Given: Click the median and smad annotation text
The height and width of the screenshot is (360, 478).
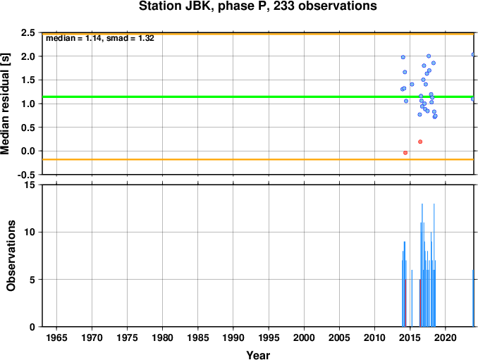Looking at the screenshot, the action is click(100, 38).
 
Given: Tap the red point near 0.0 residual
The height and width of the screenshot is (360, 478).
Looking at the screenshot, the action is click(405, 153).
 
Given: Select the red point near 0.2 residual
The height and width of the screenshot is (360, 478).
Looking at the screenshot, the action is click(420, 142).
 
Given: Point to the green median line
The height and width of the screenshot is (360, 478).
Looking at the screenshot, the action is click(258, 97).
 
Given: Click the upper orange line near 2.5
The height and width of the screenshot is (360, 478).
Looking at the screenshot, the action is click(258, 34).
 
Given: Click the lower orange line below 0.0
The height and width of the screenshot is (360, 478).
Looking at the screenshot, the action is click(258, 159).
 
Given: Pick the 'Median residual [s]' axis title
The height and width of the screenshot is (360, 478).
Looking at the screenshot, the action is click(6, 104).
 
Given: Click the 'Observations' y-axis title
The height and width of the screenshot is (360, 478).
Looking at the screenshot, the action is click(11, 256).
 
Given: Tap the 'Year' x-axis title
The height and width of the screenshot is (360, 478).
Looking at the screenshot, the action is click(258, 355).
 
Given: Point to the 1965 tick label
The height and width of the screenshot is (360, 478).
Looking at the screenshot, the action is click(56, 337).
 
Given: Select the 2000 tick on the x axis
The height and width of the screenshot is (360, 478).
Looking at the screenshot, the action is click(304, 337).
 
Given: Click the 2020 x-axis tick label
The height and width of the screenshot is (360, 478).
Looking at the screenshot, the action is click(446, 337).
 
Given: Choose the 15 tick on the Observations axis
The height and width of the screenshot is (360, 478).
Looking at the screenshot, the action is click(30, 185).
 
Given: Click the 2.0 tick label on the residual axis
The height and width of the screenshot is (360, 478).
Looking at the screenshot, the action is click(28, 56).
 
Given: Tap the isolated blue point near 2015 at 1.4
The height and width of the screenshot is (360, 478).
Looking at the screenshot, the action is click(412, 85).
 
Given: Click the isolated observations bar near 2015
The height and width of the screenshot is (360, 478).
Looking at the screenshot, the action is click(412, 298).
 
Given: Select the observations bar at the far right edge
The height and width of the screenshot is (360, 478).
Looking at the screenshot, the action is click(473, 298).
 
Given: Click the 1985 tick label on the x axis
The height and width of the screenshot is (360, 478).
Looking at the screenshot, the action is click(198, 337).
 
